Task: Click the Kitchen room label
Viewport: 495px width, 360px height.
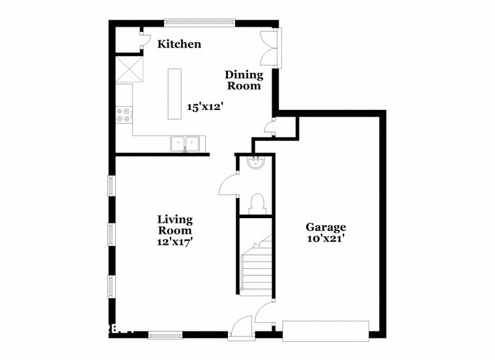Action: pos(179,44)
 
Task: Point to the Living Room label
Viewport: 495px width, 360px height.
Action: pos(175,225)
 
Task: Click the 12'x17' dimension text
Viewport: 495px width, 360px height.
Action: pos(175,241)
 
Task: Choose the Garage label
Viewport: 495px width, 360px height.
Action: pos(326,227)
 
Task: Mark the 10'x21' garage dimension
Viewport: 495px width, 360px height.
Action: pos(326,239)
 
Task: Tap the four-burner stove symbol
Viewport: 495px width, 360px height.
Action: pos(124,115)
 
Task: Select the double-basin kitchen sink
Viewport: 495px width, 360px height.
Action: pos(185,143)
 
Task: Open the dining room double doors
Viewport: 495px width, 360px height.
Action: pos(270,48)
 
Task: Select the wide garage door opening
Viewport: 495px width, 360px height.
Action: pos(326,329)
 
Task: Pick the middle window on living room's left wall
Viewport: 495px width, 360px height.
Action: pos(111,232)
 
